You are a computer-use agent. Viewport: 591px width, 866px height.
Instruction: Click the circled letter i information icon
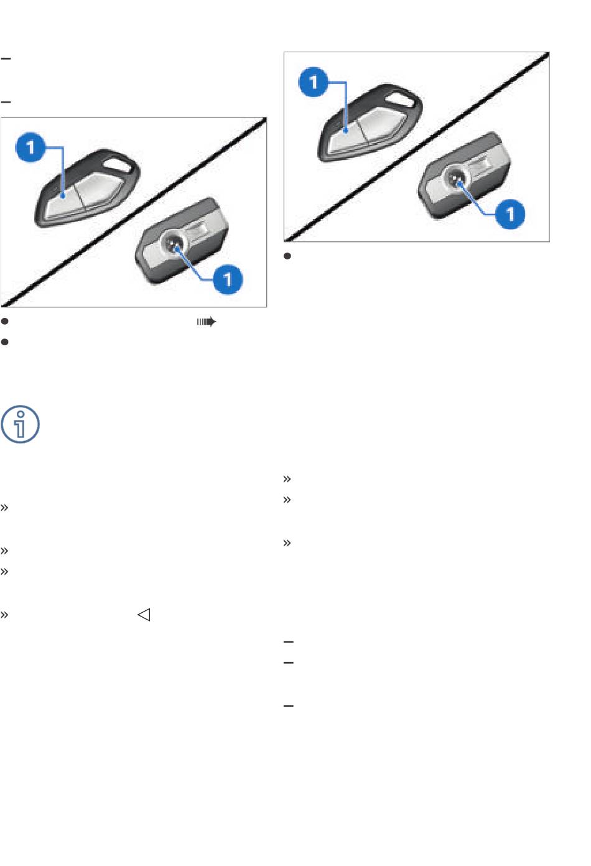(x=20, y=424)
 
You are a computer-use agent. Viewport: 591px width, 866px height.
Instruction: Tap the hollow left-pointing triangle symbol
(x=144, y=615)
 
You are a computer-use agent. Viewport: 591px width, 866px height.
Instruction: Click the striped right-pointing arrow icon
(x=207, y=322)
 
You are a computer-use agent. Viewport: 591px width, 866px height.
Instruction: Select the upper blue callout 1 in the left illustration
(x=30, y=147)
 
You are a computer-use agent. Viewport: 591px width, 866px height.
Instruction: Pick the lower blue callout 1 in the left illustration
(x=228, y=279)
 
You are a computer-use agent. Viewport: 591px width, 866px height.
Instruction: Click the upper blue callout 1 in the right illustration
(x=313, y=82)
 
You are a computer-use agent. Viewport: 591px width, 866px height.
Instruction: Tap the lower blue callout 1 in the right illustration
(x=510, y=214)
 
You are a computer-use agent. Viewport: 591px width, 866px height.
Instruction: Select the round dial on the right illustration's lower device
(x=455, y=179)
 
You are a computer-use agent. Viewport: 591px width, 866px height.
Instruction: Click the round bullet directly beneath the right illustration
(x=287, y=256)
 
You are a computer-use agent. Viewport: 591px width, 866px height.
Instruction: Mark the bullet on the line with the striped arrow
(x=4, y=321)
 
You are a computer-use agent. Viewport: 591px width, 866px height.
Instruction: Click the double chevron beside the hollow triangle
(x=4, y=615)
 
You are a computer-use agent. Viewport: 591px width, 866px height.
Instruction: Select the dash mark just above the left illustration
(x=6, y=102)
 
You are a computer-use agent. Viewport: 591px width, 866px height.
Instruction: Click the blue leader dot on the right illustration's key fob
(x=346, y=131)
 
